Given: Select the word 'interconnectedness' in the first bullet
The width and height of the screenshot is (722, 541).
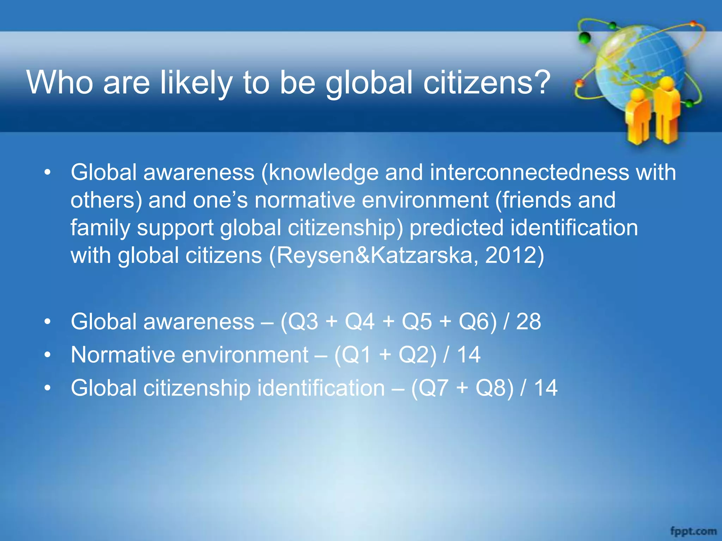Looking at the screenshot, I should tap(529, 173).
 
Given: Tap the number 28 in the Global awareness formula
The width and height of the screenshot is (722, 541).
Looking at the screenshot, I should tap(528, 322).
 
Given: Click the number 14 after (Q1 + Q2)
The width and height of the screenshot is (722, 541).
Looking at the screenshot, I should tap(469, 355).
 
